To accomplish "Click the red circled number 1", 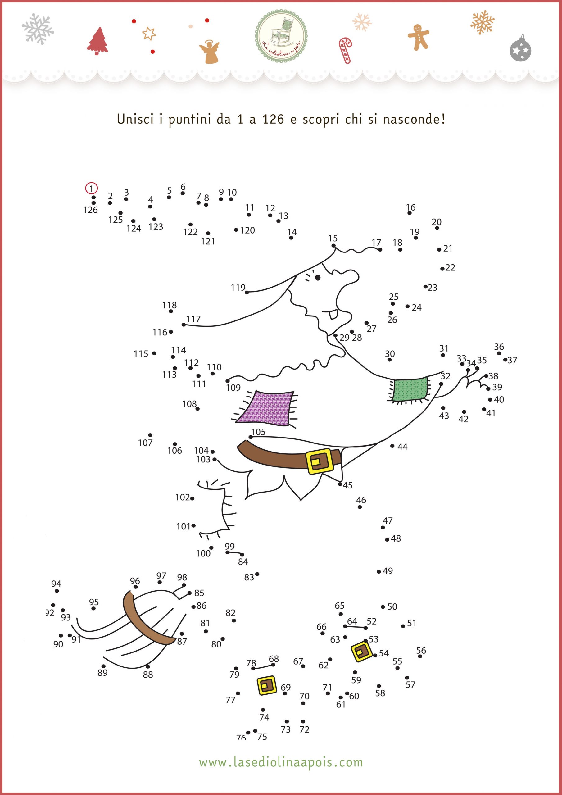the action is tap(91, 189).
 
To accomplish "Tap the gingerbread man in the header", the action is tap(418, 37).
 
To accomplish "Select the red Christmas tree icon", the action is tap(97, 41).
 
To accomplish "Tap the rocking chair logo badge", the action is tap(281, 36).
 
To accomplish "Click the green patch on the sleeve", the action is tap(409, 389).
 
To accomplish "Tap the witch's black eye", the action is tap(318, 277).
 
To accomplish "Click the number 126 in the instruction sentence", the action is tap(273, 120).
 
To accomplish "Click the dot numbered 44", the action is tap(392, 446).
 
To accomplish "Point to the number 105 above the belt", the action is tap(258, 432).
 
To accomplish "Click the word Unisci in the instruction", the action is tap(135, 119).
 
